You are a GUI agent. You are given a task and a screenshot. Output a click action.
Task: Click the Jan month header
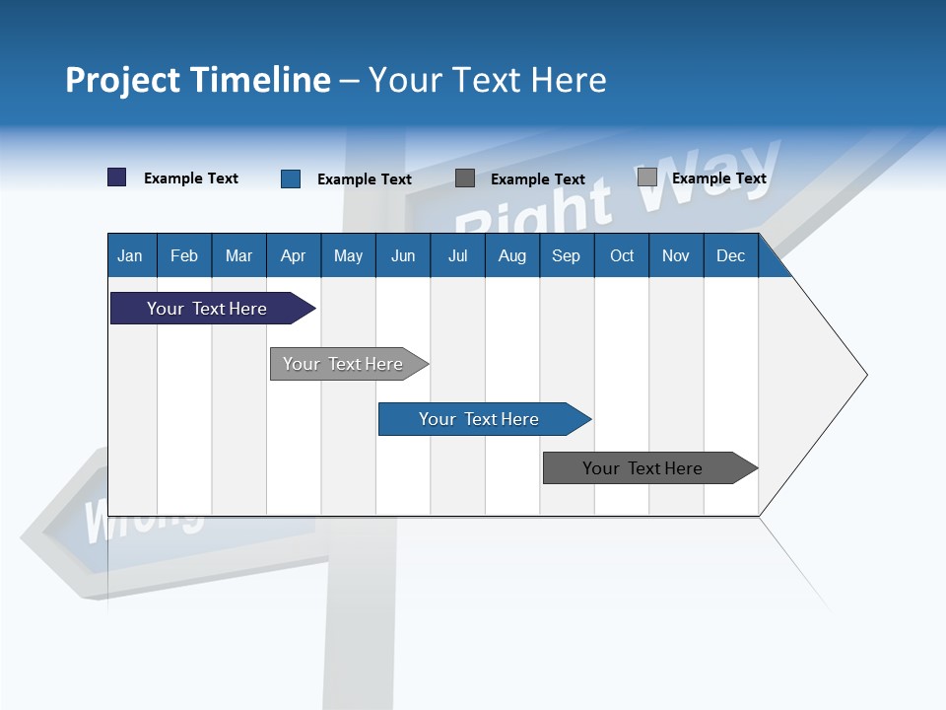coord(131,255)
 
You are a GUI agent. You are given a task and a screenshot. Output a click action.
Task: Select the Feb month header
coord(184,255)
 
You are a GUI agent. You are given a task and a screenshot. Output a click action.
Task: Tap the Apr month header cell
coord(294,255)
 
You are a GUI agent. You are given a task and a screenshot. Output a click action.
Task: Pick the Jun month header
coord(403,255)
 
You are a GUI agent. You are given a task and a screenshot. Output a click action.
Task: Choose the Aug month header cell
coord(512,255)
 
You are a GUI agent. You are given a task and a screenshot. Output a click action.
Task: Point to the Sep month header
coord(567,255)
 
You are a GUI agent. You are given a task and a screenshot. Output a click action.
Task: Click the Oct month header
coord(622,255)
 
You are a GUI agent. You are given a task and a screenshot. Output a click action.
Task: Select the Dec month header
coord(731,255)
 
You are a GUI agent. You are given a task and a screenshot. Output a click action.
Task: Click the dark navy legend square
coord(116,177)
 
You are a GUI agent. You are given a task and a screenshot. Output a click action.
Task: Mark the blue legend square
coord(290,178)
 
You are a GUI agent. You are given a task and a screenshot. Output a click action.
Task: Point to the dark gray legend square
coord(465,177)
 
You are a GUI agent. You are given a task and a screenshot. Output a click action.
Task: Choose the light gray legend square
coord(646,177)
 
